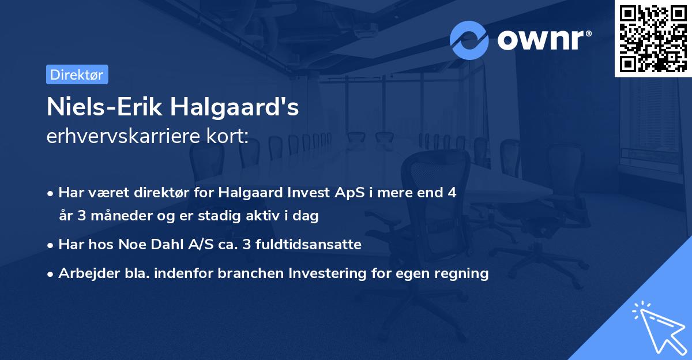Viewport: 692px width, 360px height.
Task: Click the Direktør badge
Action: pos(77,74)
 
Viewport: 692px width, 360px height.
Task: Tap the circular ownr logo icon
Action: pos(469,40)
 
